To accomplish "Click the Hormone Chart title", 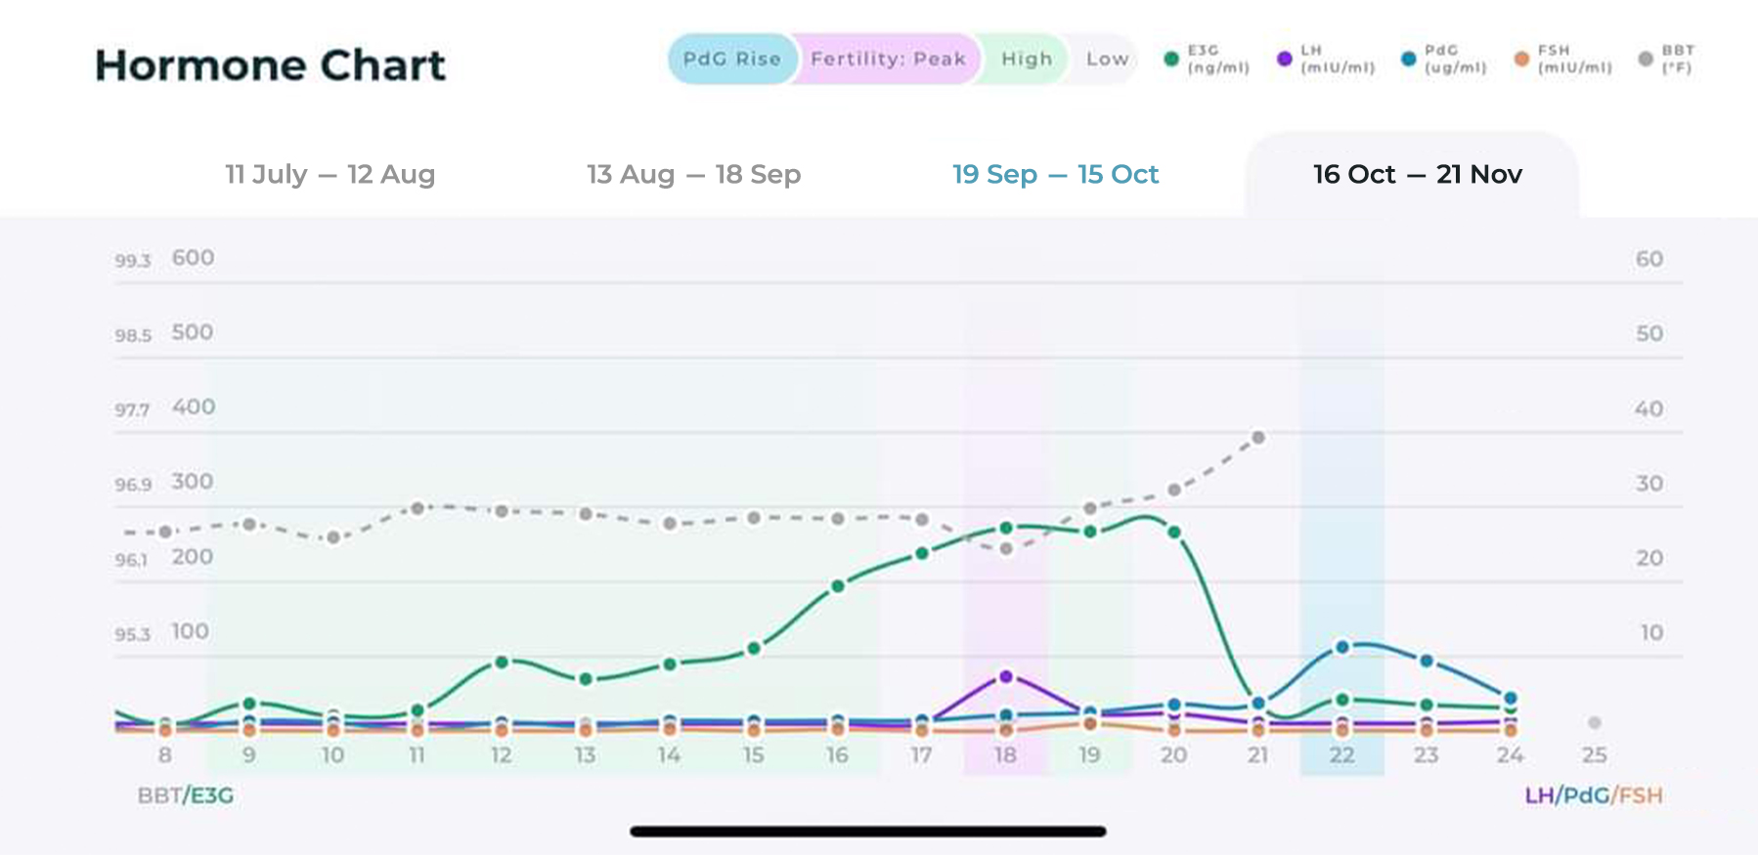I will [270, 65].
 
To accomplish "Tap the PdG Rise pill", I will [731, 59].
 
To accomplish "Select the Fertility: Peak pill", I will [888, 59].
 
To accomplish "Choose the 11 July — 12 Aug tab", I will [330, 174].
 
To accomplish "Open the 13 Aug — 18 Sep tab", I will [693, 174].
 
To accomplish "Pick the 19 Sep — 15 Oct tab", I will [1055, 174].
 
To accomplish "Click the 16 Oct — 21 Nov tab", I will [1417, 174].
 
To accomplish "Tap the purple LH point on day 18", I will [1006, 676].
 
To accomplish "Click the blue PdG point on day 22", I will [1342, 647].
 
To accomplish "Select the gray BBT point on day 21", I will [1258, 438].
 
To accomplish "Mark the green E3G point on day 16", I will [838, 586].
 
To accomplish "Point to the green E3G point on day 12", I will [502, 663].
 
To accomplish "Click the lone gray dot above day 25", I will [1595, 722].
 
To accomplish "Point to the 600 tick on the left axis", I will [193, 258].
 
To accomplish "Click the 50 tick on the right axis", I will [1649, 333].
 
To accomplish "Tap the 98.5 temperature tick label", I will [133, 335].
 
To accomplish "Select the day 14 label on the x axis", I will [669, 755].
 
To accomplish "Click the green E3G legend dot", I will [1171, 59].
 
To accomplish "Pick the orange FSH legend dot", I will [1521, 59].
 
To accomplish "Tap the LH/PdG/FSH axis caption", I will [1594, 795].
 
